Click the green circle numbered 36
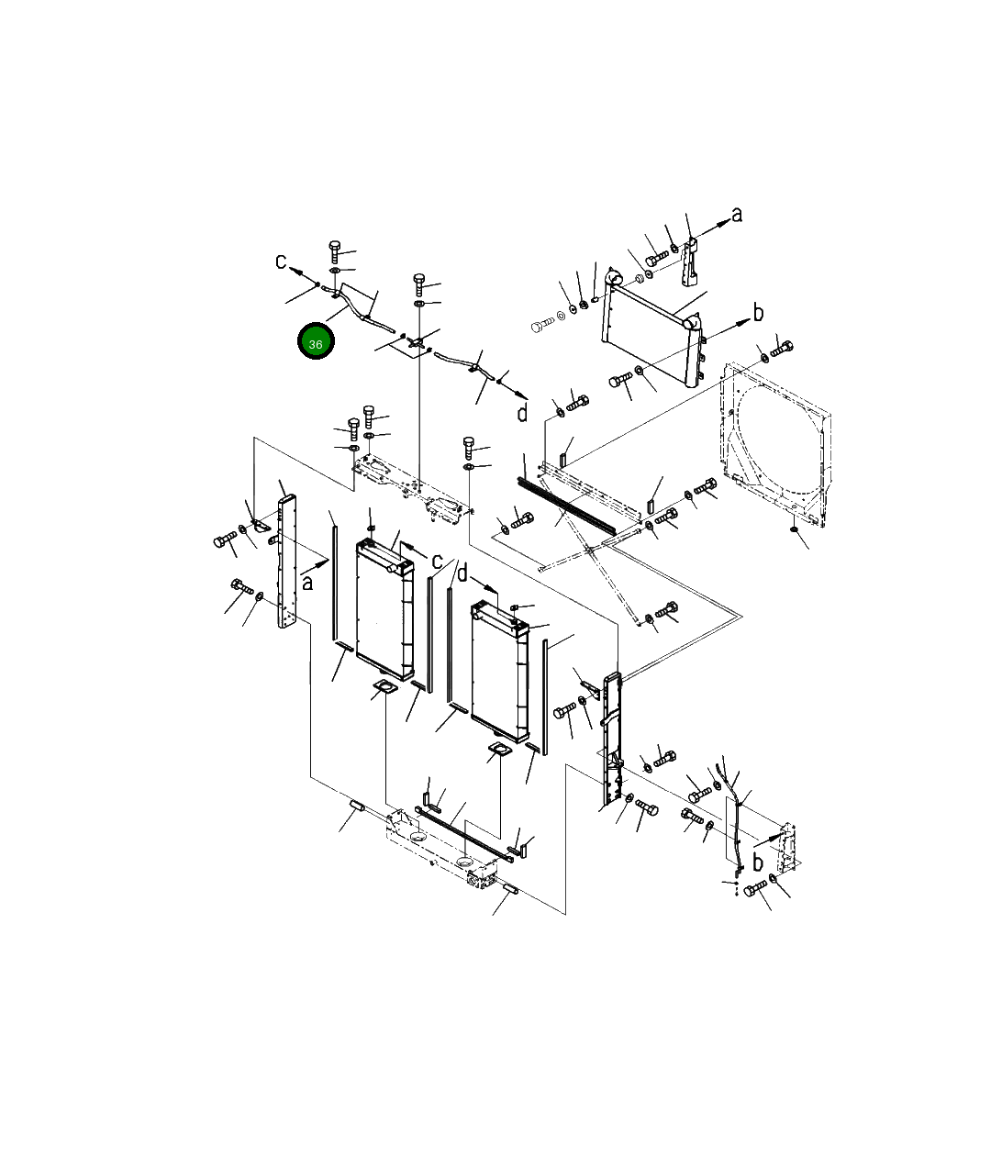click(x=316, y=341)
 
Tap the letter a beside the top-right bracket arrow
click(x=737, y=215)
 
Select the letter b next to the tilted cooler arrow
click(x=758, y=312)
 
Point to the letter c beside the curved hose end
click(x=281, y=261)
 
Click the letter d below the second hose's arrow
click(x=522, y=413)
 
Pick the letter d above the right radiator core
click(x=462, y=573)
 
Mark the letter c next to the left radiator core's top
click(x=437, y=561)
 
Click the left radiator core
click(x=384, y=609)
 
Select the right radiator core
click(x=500, y=671)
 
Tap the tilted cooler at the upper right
click(x=652, y=328)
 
